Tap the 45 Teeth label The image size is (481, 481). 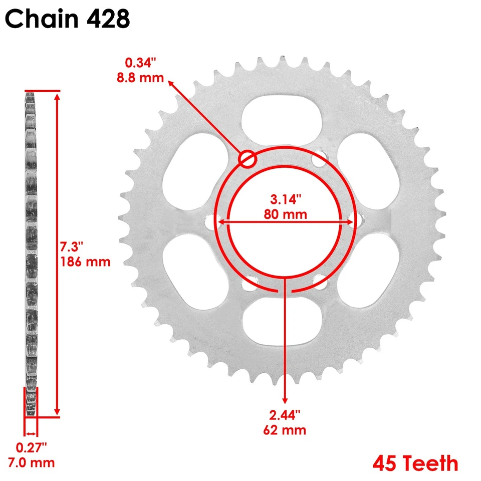pos(415,463)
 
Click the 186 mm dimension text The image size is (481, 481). pos(85,262)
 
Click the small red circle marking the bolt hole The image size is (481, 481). pos(248,159)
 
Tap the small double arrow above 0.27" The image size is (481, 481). pos(31,434)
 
